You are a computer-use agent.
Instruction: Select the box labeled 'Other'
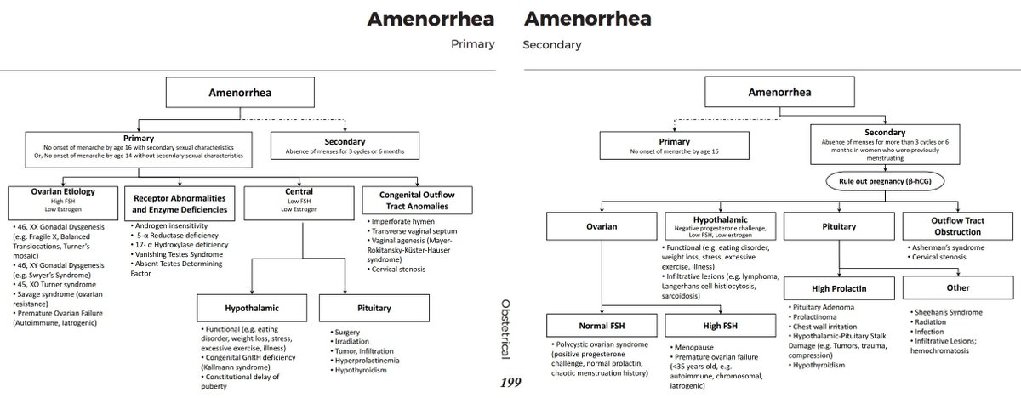point(957,288)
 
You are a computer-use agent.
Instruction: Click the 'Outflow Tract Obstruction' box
point(957,227)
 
